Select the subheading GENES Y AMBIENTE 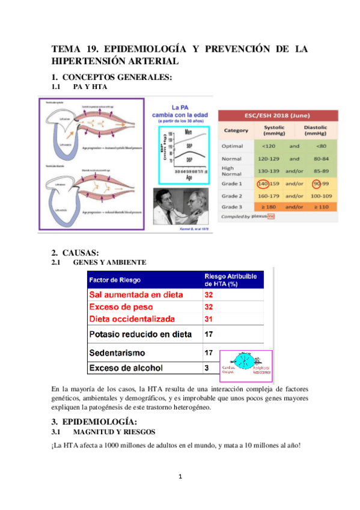(x=109, y=263)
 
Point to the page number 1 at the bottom (x=180, y=478)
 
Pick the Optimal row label (x=234, y=145)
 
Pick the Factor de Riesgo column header (x=114, y=280)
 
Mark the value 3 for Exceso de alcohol (x=207, y=367)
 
